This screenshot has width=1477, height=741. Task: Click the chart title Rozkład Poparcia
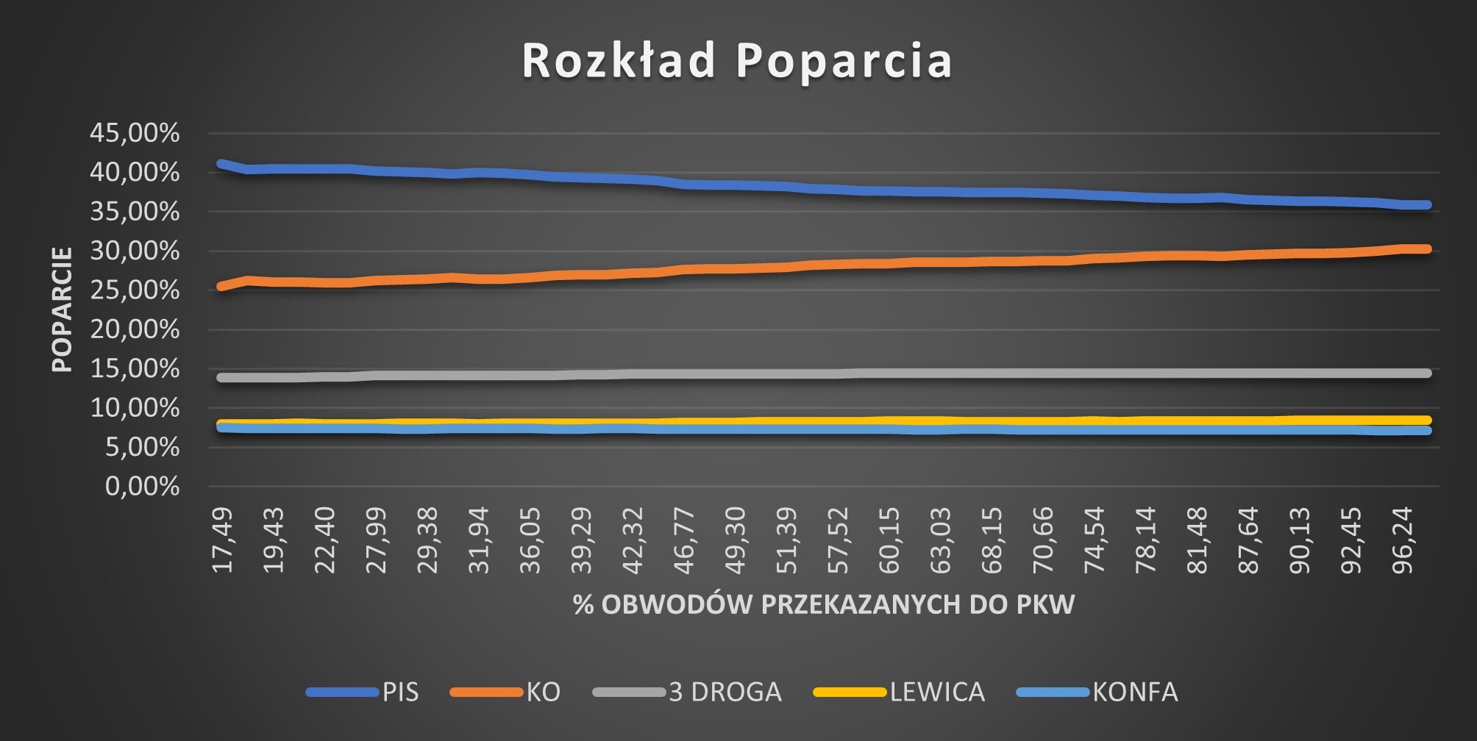(x=737, y=60)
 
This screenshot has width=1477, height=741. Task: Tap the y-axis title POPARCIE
(x=63, y=309)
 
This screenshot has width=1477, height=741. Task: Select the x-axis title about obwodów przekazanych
(x=824, y=604)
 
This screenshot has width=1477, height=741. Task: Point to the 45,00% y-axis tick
(x=135, y=133)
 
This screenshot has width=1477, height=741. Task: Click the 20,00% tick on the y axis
(x=135, y=329)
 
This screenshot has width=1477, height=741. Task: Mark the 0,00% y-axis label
(x=143, y=486)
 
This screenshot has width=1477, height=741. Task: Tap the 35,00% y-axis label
(x=135, y=212)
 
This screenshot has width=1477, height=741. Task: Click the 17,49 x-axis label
(x=222, y=540)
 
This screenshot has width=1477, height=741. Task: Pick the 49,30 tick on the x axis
(x=736, y=540)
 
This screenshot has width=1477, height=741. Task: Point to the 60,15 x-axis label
(x=891, y=540)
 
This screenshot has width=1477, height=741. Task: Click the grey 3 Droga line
(x=736, y=374)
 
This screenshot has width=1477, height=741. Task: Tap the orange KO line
(x=736, y=268)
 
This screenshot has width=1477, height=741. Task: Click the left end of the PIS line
(x=221, y=163)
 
